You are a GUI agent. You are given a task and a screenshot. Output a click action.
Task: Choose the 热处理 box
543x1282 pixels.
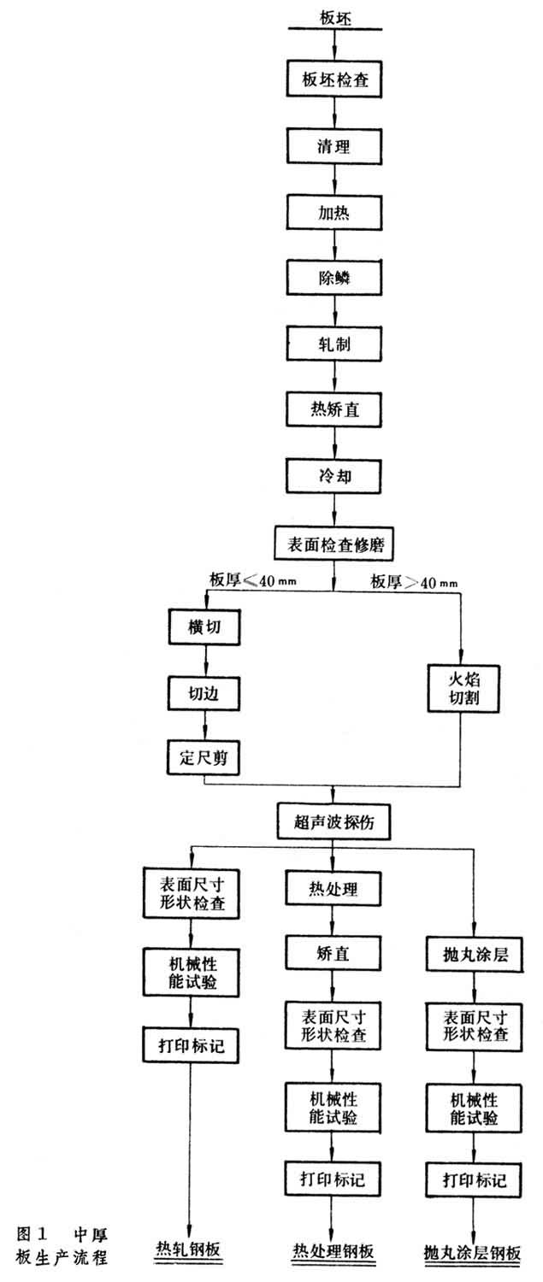click(333, 889)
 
